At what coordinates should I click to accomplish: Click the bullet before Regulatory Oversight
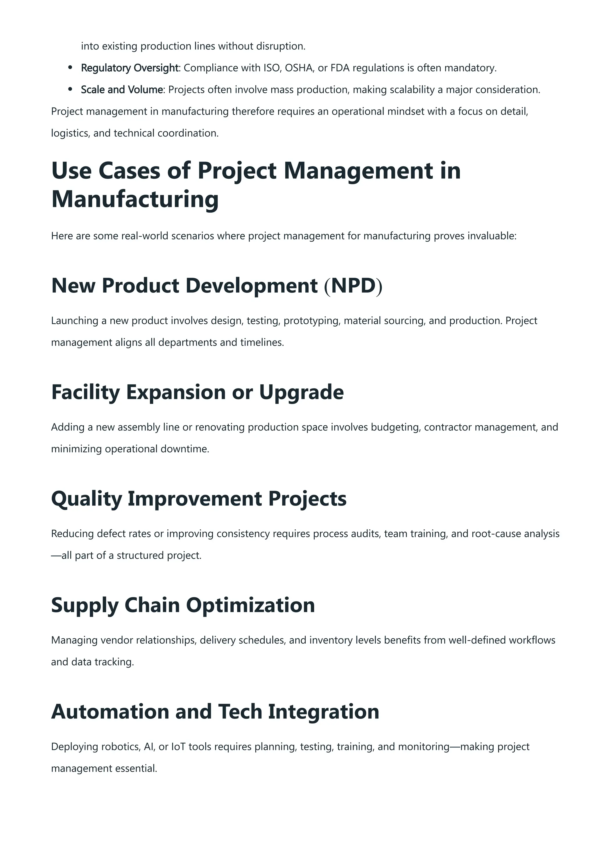click(x=70, y=68)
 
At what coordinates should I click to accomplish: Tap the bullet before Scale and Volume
click(x=70, y=89)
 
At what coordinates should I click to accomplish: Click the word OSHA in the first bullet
click(x=299, y=68)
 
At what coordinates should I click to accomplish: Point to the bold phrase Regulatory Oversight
click(x=130, y=68)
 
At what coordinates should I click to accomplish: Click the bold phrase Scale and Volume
click(x=122, y=89)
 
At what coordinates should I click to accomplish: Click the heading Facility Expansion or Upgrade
click(x=197, y=392)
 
